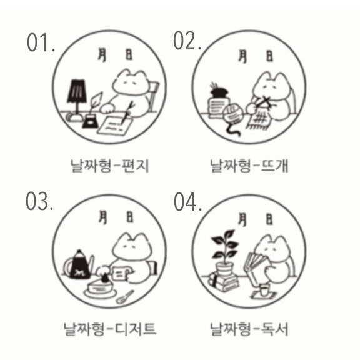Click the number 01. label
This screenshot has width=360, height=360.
(41, 42)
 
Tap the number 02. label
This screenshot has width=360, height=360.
(187, 41)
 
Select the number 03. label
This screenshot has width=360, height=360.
(39, 202)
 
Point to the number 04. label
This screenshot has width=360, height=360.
(187, 202)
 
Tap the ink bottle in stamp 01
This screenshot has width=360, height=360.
(90, 121)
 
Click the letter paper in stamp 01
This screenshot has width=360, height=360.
(114, 125)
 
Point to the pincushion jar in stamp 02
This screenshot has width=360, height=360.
(219, 101)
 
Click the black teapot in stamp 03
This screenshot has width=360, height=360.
(79, 266)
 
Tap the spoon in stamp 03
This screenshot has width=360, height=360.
(125, 297)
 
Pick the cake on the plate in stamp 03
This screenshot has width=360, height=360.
(101, 286)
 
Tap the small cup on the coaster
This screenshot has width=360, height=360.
(264, 290)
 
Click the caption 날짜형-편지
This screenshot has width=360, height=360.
(110, 166)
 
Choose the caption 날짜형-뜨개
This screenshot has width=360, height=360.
(249, 166)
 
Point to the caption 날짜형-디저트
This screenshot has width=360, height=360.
(110, 329)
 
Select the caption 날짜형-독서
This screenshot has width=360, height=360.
(249, 329)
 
